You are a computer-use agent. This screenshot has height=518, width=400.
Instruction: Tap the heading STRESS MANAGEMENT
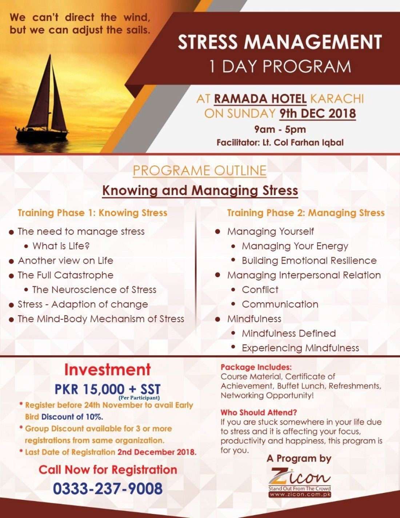tap(280, 42)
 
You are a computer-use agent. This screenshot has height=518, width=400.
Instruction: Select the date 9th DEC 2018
tap(317, 113)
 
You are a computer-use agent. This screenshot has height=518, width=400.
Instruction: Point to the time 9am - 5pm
tap(280, 129)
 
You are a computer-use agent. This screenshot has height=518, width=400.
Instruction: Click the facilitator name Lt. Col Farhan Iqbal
tap(303, 142)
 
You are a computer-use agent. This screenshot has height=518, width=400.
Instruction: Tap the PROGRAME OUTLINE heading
tap(199, 171)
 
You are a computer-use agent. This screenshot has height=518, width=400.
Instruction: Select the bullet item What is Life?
tap(61, 246)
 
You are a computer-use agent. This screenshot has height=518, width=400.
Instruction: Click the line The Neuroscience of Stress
tap(94, 290)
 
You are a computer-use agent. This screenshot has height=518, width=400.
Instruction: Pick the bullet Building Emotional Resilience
tap(309, 260)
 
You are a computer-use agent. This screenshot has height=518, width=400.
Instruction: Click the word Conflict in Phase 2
tap(260, 290)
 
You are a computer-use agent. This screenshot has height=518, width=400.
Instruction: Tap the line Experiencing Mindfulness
tap(300, 348)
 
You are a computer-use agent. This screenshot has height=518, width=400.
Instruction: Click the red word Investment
tap(107, 370)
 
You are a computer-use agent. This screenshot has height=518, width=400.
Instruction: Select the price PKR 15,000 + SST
tap(107, 388)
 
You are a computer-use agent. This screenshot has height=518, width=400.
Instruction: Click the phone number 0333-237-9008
tap(108, 488)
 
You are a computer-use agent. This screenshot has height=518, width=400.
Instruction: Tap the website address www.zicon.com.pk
tap(300, 495)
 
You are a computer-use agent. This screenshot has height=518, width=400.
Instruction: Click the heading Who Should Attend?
tap(259, 413)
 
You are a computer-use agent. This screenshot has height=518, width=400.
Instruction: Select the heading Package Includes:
tap(256, 367)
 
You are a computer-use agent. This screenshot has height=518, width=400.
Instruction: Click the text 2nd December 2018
tap(157, 452)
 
